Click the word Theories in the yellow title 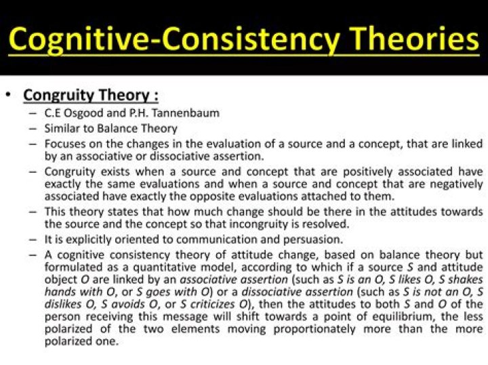pyautogui.click(x=415, y=39)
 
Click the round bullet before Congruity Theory pyautogui.click(x=9, y=95)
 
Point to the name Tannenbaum pyautogui.click(x=186, y=112)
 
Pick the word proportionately pyautogui.click(x=314, y=329)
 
